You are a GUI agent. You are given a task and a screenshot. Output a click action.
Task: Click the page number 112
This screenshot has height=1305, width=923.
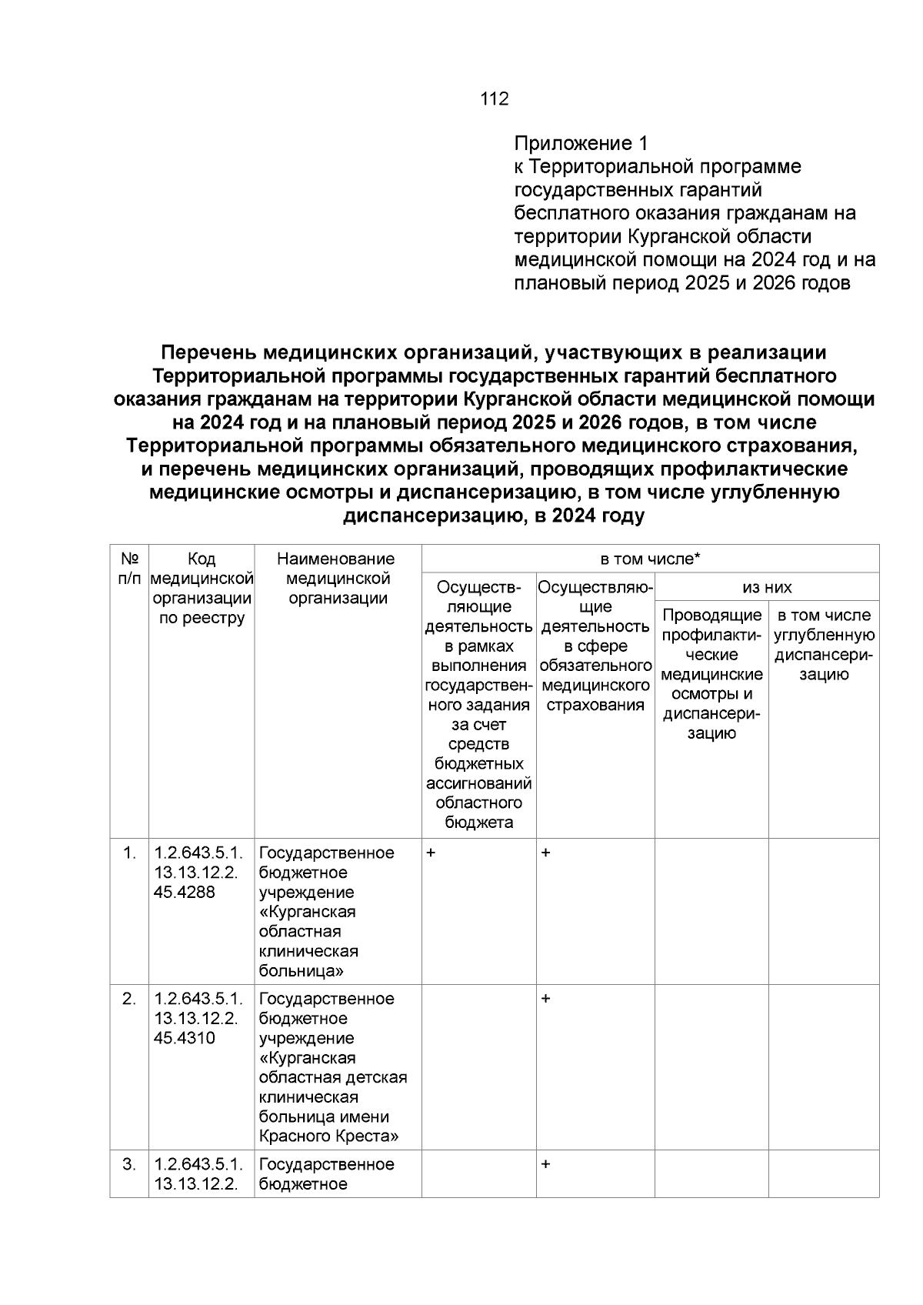[495, 98]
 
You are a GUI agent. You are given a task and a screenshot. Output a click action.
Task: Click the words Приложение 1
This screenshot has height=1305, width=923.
[581, 143]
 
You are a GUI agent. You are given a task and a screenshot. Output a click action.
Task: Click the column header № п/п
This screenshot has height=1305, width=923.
[129, 568]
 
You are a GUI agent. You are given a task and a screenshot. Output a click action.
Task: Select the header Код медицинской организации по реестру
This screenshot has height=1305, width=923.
[202, 589]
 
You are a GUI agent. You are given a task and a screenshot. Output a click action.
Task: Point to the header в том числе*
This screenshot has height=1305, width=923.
[650, 559]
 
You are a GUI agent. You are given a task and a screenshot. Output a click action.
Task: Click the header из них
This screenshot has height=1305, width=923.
[767, 588]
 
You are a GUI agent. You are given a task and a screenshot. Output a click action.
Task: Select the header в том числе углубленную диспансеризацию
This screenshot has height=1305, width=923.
[824, 645]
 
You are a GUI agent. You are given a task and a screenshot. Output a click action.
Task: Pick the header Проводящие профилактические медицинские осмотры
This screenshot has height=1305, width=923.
[711, 673]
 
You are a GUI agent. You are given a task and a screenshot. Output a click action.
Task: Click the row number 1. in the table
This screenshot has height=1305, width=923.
[129, 853]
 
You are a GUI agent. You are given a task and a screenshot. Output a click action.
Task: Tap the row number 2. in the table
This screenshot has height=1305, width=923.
[129, 999]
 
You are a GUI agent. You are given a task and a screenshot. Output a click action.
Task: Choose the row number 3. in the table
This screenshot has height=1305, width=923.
[129, 1164]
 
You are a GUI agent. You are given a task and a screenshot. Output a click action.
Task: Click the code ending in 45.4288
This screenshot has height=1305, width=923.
[185, 893]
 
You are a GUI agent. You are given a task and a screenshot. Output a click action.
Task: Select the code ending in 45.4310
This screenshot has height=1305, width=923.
[185, 1038]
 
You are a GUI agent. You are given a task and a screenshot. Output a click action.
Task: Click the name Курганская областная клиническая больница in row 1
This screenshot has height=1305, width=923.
[309, 932]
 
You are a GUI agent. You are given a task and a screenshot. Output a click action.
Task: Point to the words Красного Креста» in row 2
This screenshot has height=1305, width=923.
[329, 1136]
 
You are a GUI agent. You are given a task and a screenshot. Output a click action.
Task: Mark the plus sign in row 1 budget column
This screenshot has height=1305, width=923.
[431, 853]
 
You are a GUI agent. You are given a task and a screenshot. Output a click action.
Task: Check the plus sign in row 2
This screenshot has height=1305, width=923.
[545, 999]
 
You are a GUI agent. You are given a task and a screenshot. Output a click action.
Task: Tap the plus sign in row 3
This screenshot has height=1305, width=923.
[545, 1164]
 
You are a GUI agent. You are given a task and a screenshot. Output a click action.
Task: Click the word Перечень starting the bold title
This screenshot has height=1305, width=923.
[208, 353]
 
